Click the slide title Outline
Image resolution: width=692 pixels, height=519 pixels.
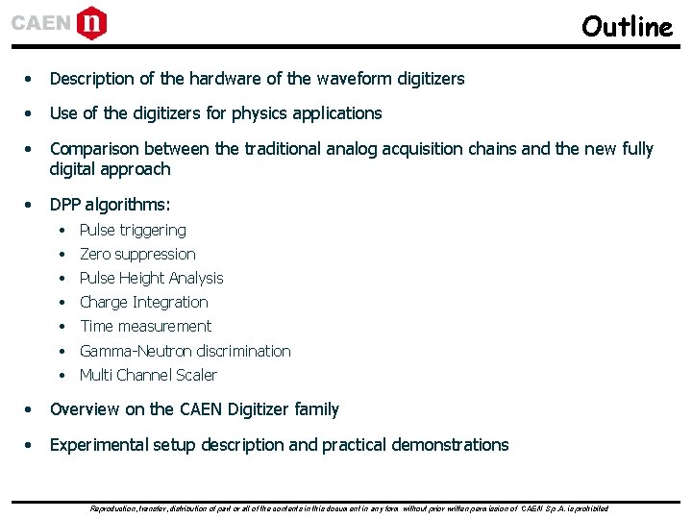point(627,26)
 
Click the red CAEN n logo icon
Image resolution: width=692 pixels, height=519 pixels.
point(92,22)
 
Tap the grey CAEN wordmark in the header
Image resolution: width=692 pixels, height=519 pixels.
point(41,23)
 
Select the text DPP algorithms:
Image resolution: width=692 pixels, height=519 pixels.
point(110,205)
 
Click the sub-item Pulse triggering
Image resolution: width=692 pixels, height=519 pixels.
point(133,230)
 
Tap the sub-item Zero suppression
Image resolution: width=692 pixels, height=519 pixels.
point(137,254)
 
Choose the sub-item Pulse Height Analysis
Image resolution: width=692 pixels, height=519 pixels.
point(151,278)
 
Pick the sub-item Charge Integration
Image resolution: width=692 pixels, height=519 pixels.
point(143,302)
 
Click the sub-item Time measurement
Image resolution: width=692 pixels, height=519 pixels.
point(145,326)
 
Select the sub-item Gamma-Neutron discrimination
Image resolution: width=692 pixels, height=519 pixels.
point(185,351)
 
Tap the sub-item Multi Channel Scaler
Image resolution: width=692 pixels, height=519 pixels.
point(148,375)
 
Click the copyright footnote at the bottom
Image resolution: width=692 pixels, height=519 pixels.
point(348,507)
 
